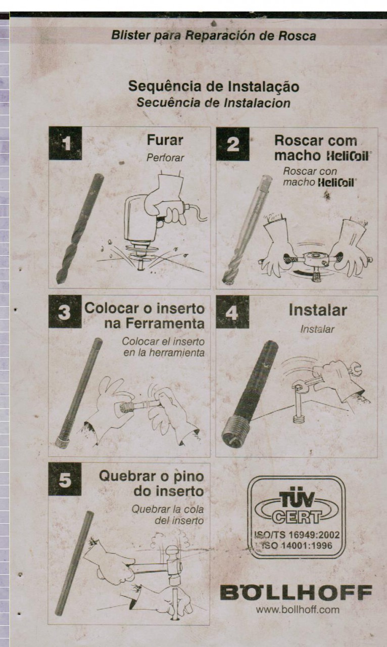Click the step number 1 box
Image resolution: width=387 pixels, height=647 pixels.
pos(65,143)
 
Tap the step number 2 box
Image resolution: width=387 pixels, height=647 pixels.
pos(232,144)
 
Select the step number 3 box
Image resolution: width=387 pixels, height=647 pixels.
pos(65,311)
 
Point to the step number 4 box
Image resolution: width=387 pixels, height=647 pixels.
pos(232,312)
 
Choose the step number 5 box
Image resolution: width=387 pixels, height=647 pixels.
pos(65,479)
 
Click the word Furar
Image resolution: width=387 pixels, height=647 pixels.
pos(165,140)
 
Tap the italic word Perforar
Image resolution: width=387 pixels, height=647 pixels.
pos(165,158)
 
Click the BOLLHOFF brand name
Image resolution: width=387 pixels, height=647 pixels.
pos(297,593)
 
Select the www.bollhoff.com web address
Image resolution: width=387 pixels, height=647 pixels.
pos(298,610)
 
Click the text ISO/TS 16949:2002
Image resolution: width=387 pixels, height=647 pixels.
pos(298,535)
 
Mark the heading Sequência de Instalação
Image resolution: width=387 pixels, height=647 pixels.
pos(214,86)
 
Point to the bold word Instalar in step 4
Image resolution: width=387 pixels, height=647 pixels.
pos(318,310)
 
